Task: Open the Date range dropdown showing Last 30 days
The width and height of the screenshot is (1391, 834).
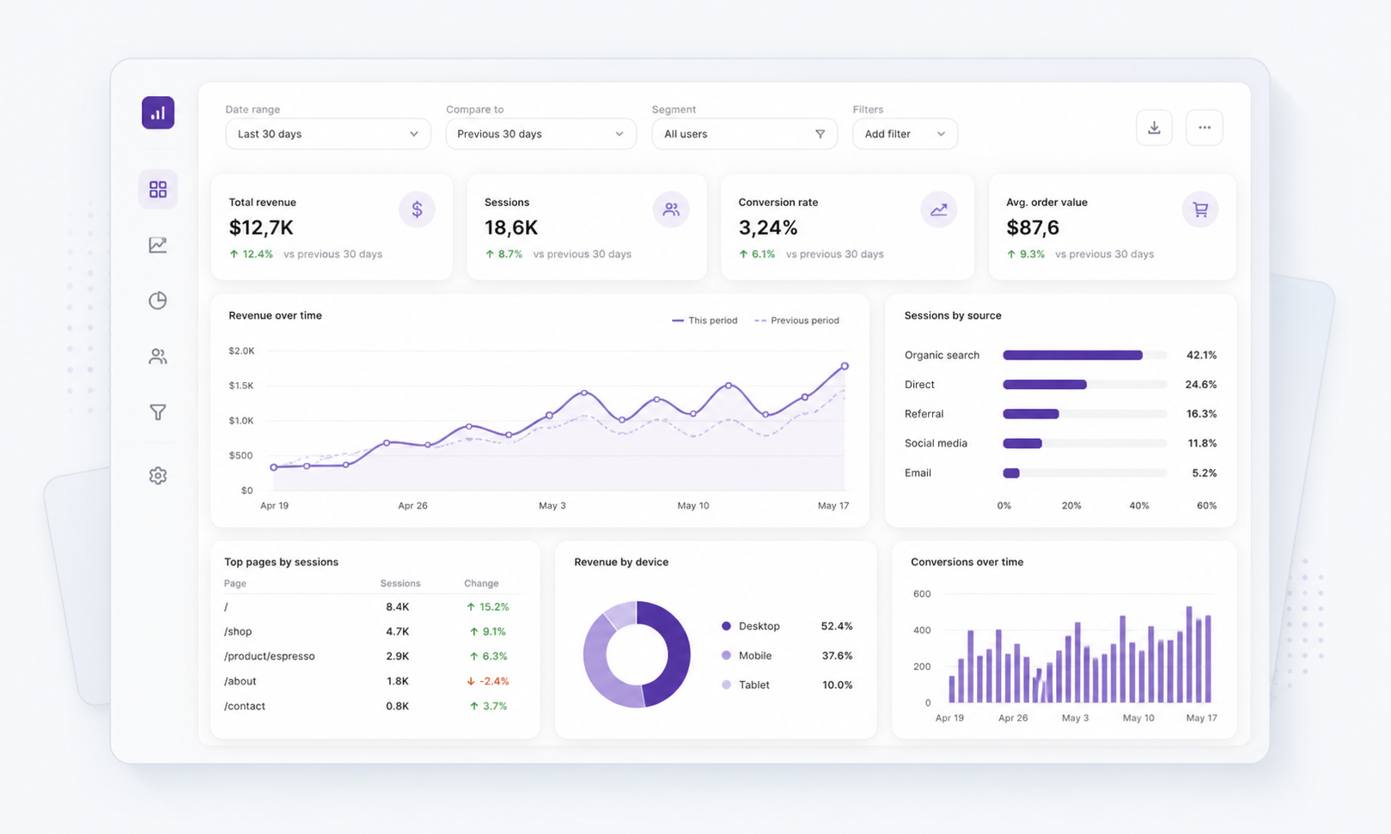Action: pos(328,133)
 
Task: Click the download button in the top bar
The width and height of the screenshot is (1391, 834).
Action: pos(1154,127)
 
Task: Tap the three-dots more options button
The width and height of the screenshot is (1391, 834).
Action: pos(1204,127)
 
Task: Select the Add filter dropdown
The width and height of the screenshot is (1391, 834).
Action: pos(905,133)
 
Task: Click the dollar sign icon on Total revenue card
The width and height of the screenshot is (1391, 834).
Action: pos(417,210)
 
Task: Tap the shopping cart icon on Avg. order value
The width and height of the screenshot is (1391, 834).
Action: pos(1199,210)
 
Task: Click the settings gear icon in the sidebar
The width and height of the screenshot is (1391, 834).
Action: pos(158,475)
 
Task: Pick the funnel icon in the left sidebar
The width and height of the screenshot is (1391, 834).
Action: pos(158,411)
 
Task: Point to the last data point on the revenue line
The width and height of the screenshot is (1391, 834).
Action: pos(845,367)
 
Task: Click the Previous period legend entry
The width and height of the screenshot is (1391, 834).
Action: pos(796,320)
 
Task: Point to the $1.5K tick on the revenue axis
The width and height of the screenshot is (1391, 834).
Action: pos(241,386)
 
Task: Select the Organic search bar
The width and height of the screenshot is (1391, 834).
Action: pos(1072,356)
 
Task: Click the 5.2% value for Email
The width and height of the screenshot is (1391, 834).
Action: pos(1204,472)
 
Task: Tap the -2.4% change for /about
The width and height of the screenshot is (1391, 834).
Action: pos(487,681)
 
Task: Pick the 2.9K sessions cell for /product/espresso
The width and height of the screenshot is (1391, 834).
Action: pos(398,655)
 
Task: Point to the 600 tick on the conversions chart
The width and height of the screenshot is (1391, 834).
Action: pos(922,594)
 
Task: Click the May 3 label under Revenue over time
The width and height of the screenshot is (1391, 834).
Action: pos(552,506)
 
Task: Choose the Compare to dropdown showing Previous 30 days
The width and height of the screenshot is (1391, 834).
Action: pos(541,133)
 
